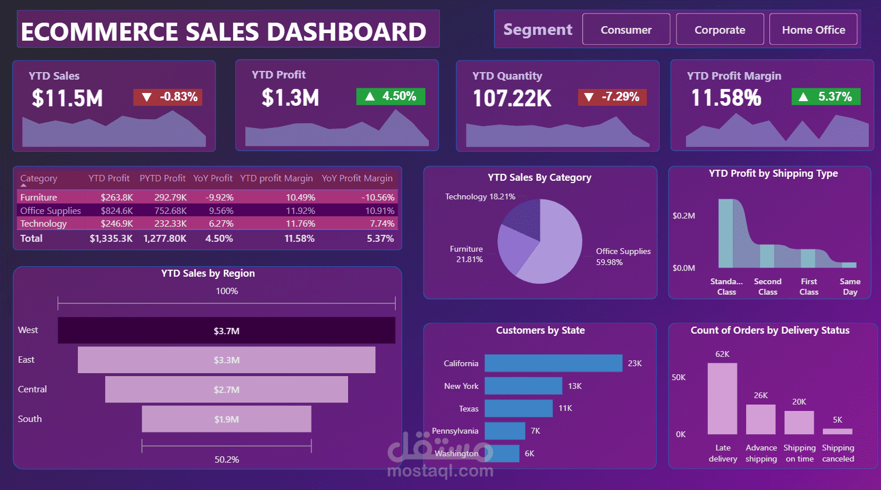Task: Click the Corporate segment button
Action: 719,30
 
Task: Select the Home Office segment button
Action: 813,30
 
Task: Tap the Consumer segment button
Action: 626,30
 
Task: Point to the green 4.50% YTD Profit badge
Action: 391,96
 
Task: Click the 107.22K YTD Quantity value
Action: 511,98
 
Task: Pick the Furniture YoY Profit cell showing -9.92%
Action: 219,198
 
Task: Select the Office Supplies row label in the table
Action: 51,210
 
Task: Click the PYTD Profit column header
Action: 162,178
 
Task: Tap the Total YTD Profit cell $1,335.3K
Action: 111,238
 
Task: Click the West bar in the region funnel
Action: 226,331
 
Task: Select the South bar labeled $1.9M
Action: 226,419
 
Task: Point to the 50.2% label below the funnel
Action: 227,459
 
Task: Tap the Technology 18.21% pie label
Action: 480,197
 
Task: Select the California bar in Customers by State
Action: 553,363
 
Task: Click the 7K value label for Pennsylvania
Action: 535,431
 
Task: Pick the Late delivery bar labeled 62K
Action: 722,399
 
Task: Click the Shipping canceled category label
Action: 837,453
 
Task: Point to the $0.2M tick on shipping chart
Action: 683,216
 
